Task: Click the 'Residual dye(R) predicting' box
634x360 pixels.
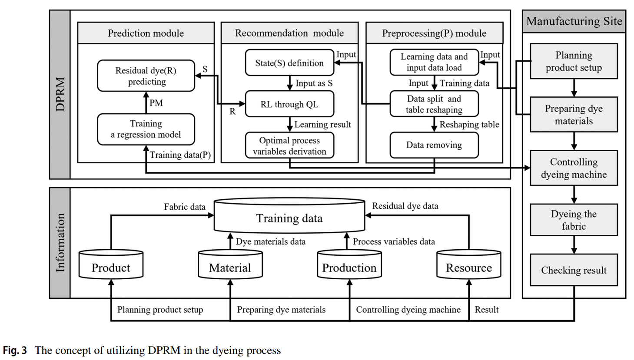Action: point(146,76)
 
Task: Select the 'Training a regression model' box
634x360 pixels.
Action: point(146,129)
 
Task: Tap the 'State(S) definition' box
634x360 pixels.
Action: point(289,63)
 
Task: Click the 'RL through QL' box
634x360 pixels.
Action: point(289,104)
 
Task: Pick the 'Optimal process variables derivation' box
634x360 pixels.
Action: point(289,145)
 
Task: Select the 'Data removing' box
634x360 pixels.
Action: point(434,145)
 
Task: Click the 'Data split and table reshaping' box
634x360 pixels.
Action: point(434,104)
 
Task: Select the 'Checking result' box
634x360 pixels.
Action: point(574,270)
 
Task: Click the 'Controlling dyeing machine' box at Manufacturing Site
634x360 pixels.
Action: point(574,168)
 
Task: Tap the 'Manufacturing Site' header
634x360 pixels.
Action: point(574,21)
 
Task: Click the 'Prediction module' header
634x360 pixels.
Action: point(146,33)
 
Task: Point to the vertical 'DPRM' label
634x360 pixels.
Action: point(60,94)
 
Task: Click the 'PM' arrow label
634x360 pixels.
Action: point(156,103)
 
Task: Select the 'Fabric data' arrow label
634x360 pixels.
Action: point(185,207)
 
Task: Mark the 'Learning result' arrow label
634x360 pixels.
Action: point(322,125)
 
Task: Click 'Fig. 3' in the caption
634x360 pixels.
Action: point(15,350)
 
